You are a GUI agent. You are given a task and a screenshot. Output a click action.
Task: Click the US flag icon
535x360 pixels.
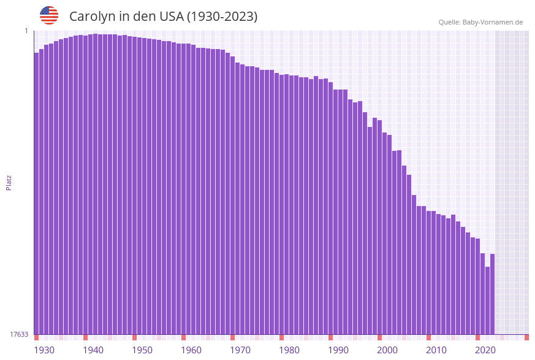pyautogui.click(x=49, y=15)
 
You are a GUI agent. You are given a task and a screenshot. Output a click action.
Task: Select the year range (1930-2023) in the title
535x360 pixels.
pyautogui.click(x=222, y=17)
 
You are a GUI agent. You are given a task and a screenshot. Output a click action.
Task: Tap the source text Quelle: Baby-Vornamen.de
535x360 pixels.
pyautogui.click(x=480, y=22)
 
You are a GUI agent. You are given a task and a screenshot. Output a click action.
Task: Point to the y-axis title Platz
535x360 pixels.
pyautogui.click(x=9, y=183)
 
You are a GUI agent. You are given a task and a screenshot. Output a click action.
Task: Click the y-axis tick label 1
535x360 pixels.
pyautogui.click(x=26, y=31)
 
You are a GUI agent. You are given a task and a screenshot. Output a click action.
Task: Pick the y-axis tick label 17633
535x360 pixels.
pyautogui.click(x=19, y=334)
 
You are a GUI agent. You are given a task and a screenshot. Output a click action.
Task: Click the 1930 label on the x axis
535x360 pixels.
pyautogui.click(x=44, y=350)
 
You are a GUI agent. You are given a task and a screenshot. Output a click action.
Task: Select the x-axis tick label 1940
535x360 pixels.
pyautogui.click(x=93, y=350)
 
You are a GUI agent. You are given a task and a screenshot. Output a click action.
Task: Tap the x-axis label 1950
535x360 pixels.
pyautogui.click(x=142, y=350)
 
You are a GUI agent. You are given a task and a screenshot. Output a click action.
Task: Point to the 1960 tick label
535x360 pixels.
pyautogui.click(x=191, y=350)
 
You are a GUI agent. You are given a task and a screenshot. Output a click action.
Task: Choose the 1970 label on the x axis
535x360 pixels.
pyautogui.click(x=240, y=350)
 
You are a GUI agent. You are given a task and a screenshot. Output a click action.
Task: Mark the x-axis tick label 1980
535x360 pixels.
pyautogui.click(x=289, y=350)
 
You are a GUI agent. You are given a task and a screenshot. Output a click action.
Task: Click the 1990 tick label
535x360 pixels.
pyautogui.click(x=338, y=350)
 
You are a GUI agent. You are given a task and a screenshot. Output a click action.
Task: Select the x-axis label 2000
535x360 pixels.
pyautogui.click(x=387, y=350)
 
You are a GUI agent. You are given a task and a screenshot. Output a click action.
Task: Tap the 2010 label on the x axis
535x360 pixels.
pyautogui.click(x=436, y=350)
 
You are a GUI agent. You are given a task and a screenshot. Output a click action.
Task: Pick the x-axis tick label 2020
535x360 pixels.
pyautogui.click(x=485, y=350)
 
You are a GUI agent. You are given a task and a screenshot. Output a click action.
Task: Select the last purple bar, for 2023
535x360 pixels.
pyautogui.click(x=492, y=294)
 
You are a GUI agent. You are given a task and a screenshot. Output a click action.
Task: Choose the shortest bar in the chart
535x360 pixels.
pyautogui.click(x=487, y=301)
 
